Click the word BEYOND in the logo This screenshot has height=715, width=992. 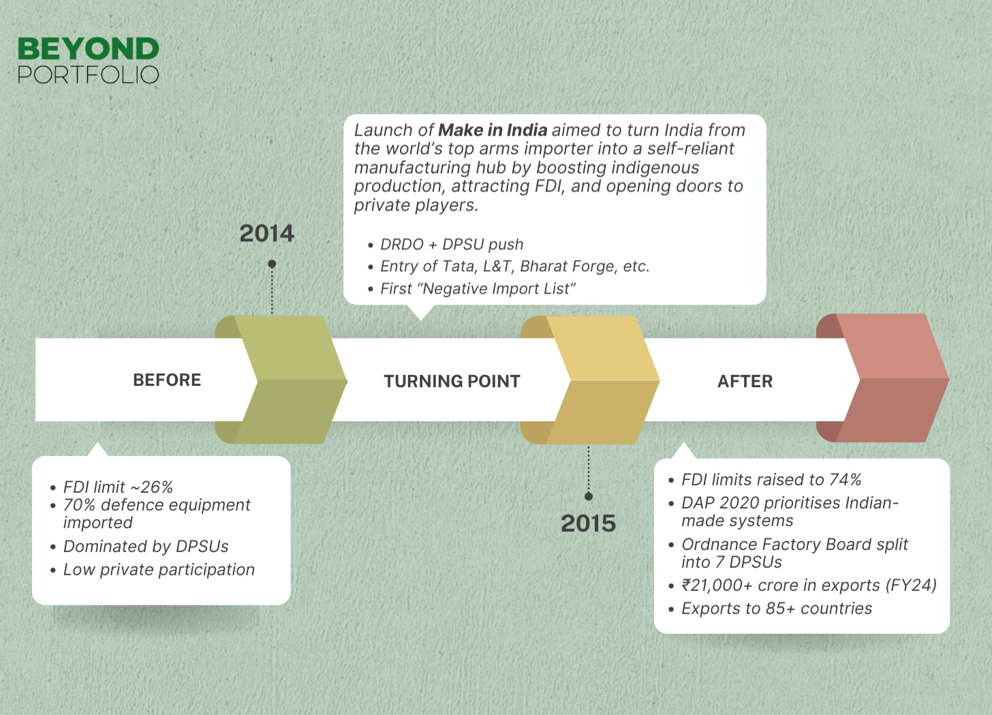tap(88, 49)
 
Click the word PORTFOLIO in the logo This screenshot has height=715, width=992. tap(88, 74)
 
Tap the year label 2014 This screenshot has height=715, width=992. tap(266, 234)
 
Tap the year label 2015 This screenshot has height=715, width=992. tap(588, 523)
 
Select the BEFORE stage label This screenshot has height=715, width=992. tap(167, 380)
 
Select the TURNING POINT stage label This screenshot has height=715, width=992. tap(452, 381)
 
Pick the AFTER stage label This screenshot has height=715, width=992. tap(745, 381)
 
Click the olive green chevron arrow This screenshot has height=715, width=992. tap(286, 380)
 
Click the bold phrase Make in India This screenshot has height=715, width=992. tap(493, 130)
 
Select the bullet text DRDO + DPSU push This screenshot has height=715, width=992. tap(452, 244)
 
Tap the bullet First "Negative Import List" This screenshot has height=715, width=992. tap(478, 289)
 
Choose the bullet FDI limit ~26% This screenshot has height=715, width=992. tap(118, 487)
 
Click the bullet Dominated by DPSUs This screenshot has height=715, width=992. tap(146, 547)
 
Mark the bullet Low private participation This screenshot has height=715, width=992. tap(159, 570)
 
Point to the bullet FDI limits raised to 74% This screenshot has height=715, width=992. tap(771, 480)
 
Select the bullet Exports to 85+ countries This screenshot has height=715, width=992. tap(777, 609)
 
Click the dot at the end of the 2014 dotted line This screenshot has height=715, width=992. tap(272, 264)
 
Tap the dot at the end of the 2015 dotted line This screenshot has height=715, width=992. tap(589, 496)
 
